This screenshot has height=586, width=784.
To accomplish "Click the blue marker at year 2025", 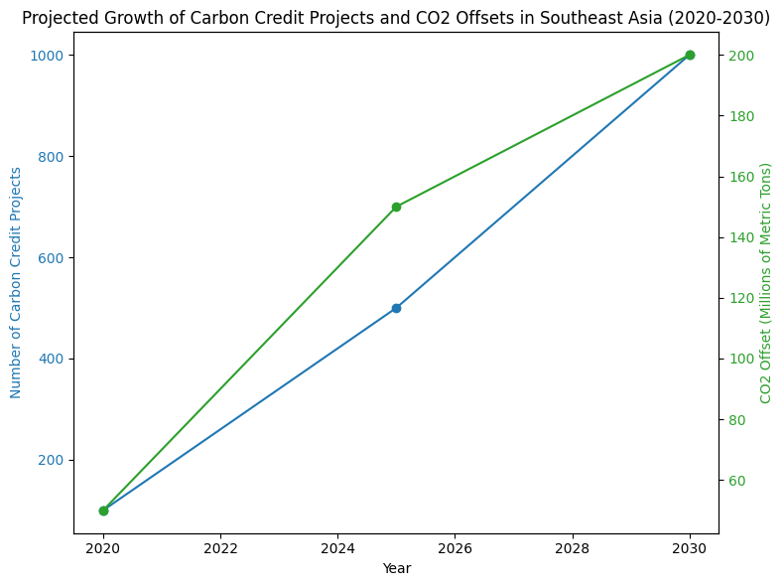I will click(x=396, y=308).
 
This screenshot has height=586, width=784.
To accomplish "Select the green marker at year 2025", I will click(x=396, y=207).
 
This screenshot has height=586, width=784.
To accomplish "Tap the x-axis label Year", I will click(x=396, y=568).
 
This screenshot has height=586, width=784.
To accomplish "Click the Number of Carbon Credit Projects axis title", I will click(x=16, y=282).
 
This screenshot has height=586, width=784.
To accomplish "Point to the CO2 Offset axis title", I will click(x=765, y=282).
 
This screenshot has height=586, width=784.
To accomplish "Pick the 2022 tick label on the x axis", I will click(x=220, y=548).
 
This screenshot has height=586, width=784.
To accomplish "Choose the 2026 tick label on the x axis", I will click(x=455, y=548).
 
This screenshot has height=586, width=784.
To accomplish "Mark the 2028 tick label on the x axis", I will click(x=572, y=548).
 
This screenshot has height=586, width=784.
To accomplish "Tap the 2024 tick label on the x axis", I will click(x=337, y=548).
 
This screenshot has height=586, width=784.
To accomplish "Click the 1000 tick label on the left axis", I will click(x=47, y=56).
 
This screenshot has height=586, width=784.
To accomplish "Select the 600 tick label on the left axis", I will click(x=51, y=257).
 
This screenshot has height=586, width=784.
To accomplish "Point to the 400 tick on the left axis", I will click(x=51, y=359).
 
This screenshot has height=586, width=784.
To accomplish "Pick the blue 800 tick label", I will click(x=51, y=157).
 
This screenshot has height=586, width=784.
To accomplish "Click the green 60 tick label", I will click(x=735, y=481).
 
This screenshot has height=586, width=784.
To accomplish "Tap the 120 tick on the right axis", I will click(x=739, y=298).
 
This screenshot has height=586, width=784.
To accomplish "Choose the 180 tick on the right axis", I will click(x=739, y=116).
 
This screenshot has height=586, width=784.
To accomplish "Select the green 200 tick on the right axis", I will click(x=739, y=56).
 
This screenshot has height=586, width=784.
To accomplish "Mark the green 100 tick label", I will click(x=739, y=359).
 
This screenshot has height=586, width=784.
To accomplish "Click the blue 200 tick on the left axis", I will click(x=51, y=460).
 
